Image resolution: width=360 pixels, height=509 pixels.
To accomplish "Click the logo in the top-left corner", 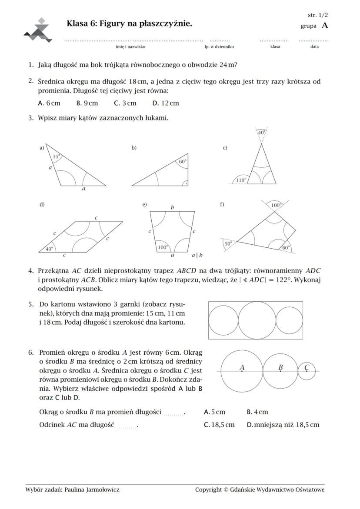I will coord(38,30).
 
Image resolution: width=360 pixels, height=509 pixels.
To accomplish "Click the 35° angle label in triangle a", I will coord(56,156).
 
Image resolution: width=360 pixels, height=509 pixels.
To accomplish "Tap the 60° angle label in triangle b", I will coord(182,161).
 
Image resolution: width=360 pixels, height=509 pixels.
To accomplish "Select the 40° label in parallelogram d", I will coord(50,249).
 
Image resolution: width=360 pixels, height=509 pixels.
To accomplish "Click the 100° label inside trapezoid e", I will coord(162,247).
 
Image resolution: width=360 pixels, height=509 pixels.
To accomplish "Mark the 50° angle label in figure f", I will coord(228,243).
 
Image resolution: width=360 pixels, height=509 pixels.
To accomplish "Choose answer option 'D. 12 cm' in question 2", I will coord(166,103).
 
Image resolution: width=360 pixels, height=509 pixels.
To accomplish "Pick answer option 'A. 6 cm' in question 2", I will coord(49,103).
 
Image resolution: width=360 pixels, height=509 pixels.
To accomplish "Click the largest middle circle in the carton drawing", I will coord(257,320).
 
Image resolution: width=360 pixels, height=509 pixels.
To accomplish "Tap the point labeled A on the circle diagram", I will coord(242,368).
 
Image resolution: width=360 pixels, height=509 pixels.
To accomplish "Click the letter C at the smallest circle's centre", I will coord(307,368).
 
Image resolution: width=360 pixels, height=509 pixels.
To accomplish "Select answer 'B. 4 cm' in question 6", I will coord(257,412).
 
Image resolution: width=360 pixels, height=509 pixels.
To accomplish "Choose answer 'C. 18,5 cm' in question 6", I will coord(219,425).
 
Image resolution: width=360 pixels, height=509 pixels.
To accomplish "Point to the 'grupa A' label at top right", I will coord(314,26).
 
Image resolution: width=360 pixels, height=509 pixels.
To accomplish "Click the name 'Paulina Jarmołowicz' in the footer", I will coord(92,489).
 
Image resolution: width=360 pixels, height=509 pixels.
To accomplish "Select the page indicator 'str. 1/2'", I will coord(318,15).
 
